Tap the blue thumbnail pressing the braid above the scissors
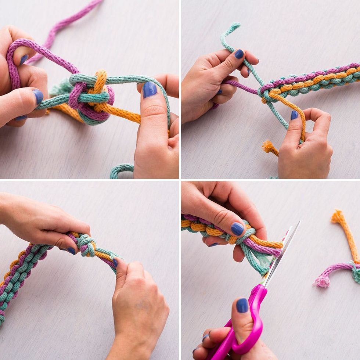click(x=237, y=229)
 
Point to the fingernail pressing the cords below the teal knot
click(x=115, y=262)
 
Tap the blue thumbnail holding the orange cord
click(x=294, y=115)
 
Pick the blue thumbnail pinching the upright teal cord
click(x=239, y=54)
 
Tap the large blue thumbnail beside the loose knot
click(x=150, y=90)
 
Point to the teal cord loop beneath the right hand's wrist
click(x=121, y=170)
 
